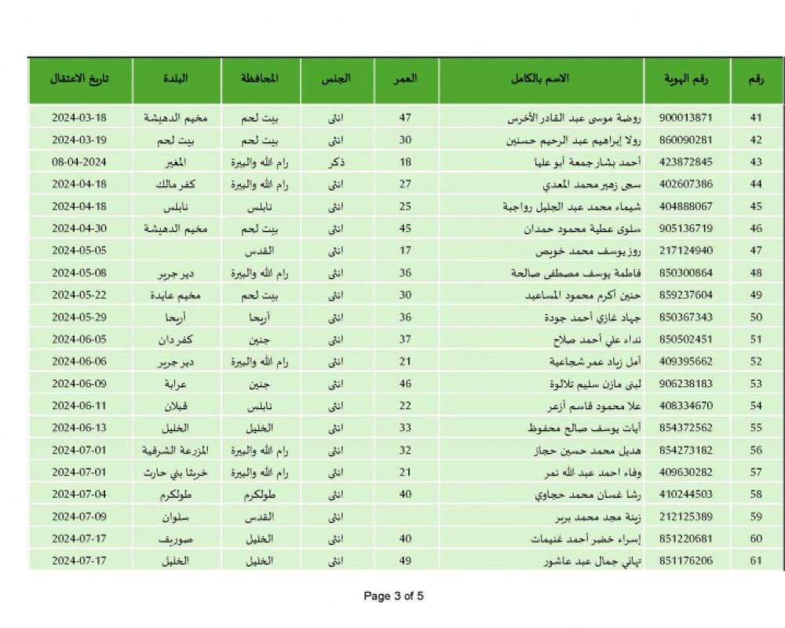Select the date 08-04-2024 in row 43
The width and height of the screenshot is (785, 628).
pos(79,162)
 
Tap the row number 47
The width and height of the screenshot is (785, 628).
pos(755,251)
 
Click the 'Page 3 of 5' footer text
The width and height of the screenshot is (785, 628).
pos(393,596)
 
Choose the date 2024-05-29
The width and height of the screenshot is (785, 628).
pos(79,318)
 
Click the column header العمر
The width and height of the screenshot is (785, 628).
pos(404,79)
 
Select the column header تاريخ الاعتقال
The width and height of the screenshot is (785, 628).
pos(79,79)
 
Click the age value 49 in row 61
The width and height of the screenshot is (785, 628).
pos(405,562)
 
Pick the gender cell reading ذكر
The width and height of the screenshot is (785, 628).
pos(335,162)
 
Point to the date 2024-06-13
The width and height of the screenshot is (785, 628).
pos(79,429)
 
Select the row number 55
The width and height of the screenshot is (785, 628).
pos(755,429)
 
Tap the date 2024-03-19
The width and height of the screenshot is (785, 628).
pos(79,140)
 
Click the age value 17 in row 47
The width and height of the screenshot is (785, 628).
pos(405,251)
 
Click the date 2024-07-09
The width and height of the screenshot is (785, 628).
pos(79,517)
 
